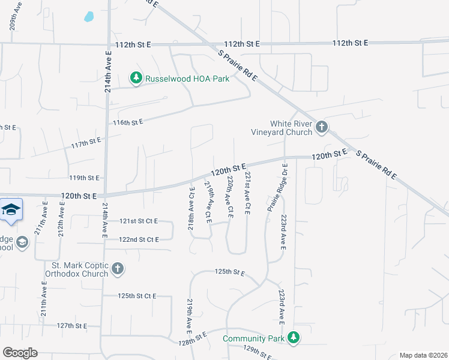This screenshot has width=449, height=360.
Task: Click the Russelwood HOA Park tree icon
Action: tap(137, 78)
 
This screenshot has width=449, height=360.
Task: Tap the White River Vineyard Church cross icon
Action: tap(322, 127)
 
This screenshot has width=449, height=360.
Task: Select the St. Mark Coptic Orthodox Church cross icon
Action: tap(118, 268)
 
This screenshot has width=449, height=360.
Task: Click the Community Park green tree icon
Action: tap(294, 338)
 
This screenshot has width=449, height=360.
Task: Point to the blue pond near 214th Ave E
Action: tap(89, 17)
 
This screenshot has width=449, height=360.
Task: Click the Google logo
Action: tap(20, 353)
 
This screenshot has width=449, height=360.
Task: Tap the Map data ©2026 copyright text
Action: tap(423, 355)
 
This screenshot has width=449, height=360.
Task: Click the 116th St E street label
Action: tap(128, 122)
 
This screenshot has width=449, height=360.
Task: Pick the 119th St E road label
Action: tap(83, 178)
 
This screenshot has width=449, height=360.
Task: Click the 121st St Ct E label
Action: tap(138, 221)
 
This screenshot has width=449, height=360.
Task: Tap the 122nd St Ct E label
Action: tap(139, 239)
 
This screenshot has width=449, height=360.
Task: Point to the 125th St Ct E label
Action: tap(137, 296)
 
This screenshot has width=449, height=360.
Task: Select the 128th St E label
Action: tap(192, 337)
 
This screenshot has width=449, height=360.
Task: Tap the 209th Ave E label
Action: tap(13, 18)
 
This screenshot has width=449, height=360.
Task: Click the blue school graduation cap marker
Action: tap(11, 209)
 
